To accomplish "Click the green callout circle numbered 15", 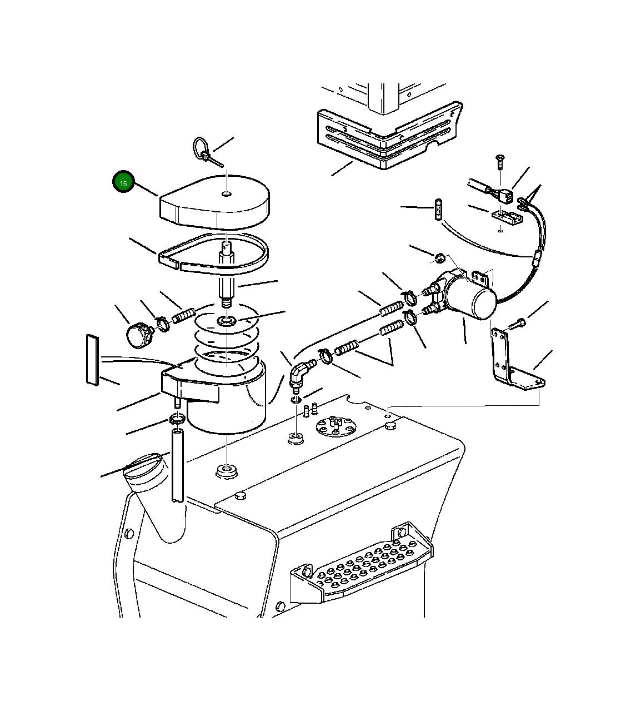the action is (123, 182).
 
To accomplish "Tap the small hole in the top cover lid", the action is (227, 193).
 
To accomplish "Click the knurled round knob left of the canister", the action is (139, 335).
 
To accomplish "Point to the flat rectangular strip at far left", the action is (92, 360).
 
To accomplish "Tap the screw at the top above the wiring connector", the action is (500, 163).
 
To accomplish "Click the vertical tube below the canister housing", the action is (177, 466).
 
